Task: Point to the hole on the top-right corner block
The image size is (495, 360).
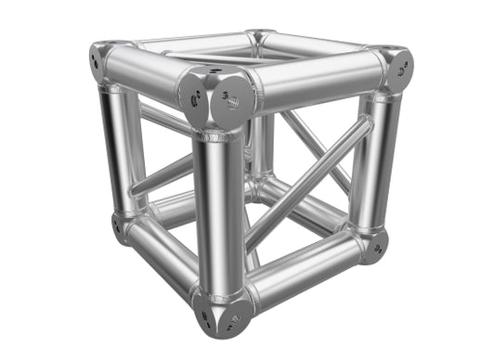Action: (400, 67)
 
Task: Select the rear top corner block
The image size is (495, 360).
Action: (257, 37)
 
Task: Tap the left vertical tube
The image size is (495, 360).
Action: (116, 148)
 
